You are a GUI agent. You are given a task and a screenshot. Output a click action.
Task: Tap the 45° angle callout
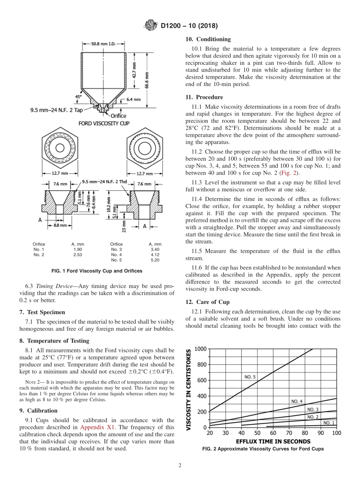[x=78, y=97]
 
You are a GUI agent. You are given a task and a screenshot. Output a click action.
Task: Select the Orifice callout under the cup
[x=118, y=116]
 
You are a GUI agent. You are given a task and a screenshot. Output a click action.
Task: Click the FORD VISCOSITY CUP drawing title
[x=104, y=124]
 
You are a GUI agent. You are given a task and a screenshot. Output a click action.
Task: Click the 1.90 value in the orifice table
[x=77, y=249]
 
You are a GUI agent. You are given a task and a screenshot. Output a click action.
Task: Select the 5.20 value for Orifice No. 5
[x=155, y=260]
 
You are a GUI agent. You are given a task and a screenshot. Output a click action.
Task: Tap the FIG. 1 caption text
[x=97, y=271]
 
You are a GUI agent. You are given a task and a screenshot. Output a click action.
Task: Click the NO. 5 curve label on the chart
[x=250, y=377]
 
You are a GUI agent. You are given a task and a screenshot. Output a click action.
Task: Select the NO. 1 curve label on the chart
[x=329, y=423]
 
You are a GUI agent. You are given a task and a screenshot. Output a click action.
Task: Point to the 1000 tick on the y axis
[x=200, y=349]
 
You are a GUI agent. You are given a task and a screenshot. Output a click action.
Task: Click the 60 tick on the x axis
[x=273, y=433]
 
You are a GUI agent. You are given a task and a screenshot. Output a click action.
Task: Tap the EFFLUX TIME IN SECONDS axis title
[x=273, y=441]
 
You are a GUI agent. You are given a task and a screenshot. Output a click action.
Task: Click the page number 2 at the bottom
[x=180, y=466]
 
